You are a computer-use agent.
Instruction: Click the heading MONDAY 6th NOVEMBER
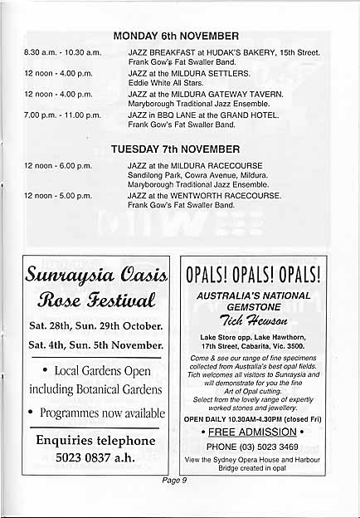(x=175, y=36)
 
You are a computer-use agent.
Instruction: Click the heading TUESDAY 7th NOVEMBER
(x=175, y=149)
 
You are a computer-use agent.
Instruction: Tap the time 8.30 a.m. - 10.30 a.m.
(x=62, y=52)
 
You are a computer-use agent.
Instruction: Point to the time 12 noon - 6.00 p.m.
(x=58, y=166)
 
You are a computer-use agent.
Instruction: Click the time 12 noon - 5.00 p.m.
(x=58, y=196)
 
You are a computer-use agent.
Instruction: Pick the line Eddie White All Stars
(x=164, y=83)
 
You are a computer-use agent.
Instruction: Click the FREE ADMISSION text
(x=253, y=432)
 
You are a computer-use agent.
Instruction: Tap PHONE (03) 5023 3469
(x=253, y=446)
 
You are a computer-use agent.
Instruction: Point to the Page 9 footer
(x=174, y=480)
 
